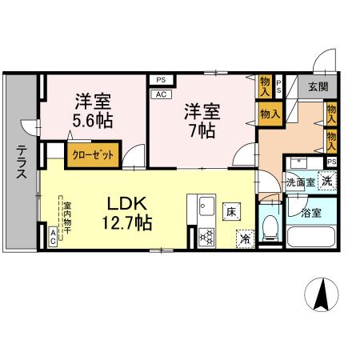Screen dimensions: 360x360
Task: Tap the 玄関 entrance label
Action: (x=318, y=86)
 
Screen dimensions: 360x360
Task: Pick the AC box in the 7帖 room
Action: (x=159, y=94)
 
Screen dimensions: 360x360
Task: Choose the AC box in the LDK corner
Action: (x=53, y=236)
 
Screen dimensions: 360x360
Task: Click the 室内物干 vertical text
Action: (x=67, y=217)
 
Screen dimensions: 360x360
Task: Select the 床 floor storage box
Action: (x=230, y=212)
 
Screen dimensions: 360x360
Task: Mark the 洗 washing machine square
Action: (x=327, y=182)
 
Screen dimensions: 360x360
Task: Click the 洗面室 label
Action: (x=301, y=182)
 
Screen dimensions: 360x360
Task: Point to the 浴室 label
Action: (x=311, y=213)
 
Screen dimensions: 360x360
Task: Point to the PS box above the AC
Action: (x=160, y=80)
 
